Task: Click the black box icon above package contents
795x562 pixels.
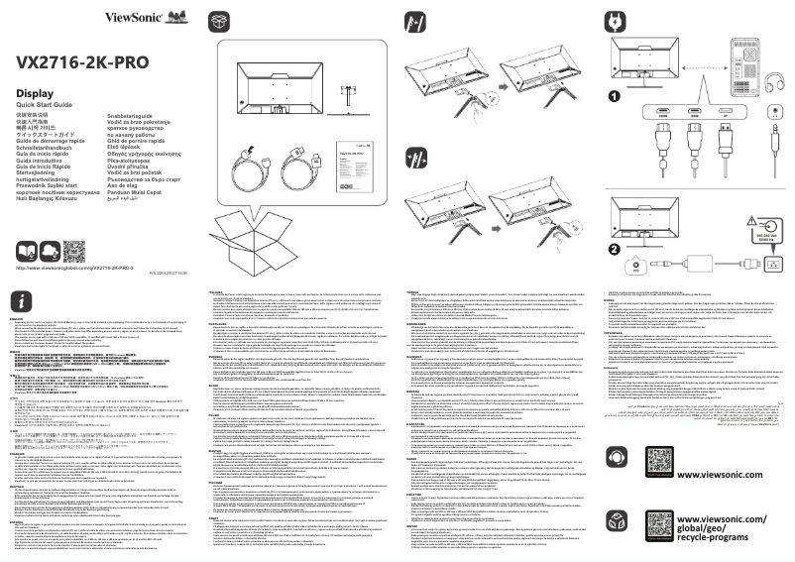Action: (220, 21)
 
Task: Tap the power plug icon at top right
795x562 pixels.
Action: (617, 21)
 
